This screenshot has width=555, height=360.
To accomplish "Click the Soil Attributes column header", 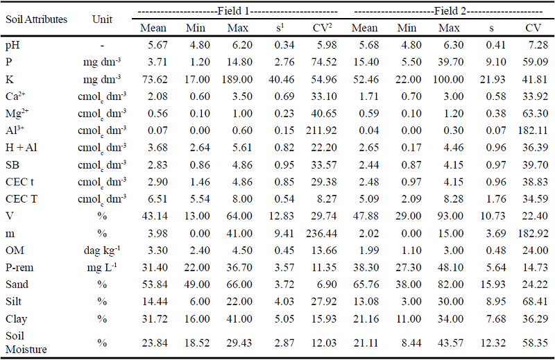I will coord(36,19).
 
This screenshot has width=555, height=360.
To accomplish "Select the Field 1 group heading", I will coord(237,12).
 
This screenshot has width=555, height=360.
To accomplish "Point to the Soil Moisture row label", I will coord(26,342).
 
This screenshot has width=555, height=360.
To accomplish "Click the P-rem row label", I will coord(21,268).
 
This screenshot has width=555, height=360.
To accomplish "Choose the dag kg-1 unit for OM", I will coord(103,250).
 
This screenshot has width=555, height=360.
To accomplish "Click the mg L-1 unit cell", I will coord(103,268).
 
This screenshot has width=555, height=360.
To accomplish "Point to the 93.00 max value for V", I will coord(449,216).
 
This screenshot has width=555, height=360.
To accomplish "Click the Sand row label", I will coord(17,285).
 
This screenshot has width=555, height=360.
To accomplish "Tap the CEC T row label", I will coord(21,198).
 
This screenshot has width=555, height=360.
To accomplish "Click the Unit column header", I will coord(103,19).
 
